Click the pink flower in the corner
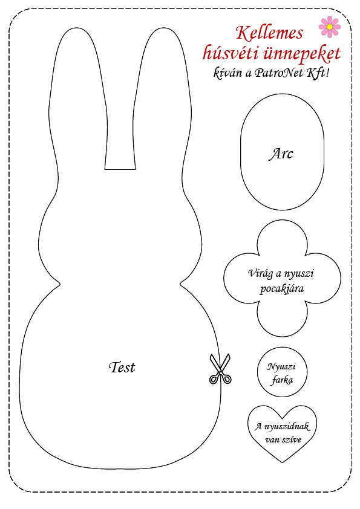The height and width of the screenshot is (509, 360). tap(330, 26)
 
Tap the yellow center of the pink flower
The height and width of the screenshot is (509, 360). tap(330, 27)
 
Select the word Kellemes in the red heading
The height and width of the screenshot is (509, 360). tap(269, 33)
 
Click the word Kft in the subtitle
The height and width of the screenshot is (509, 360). tap(316, 73)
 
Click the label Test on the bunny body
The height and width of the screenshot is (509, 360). tap(122, 367)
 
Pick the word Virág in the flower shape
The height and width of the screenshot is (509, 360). tap(260, 273)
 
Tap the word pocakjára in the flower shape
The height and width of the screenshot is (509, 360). tap(282, 288)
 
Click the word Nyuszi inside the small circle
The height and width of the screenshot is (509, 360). tap(281, 367)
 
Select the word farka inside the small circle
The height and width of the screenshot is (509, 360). tap(282, 380)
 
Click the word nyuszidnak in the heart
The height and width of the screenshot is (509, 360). tap(287, 427)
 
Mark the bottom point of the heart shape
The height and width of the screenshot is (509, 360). tap(283, 462)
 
